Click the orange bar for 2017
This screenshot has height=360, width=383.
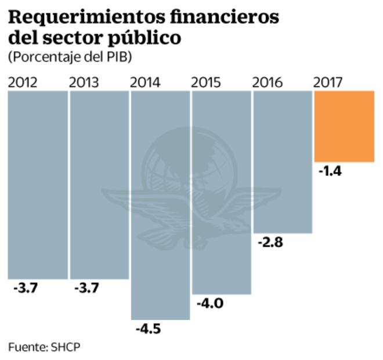[344, 127]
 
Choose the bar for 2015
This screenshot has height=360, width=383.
[221, 192]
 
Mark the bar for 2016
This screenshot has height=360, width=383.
[283, 162]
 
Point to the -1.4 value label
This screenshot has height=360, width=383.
[331, 171]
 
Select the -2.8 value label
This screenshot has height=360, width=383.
[270, 243]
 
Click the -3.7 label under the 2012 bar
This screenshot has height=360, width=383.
[25, 288]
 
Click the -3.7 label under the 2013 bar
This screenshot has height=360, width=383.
[86, 288]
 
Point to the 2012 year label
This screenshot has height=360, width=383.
[23, 82]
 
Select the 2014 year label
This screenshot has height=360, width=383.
[145, 82]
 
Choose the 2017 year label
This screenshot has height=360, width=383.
[328, 82]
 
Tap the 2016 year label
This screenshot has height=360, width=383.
[268, 82]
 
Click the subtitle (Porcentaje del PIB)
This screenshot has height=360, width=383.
[70, 57]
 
